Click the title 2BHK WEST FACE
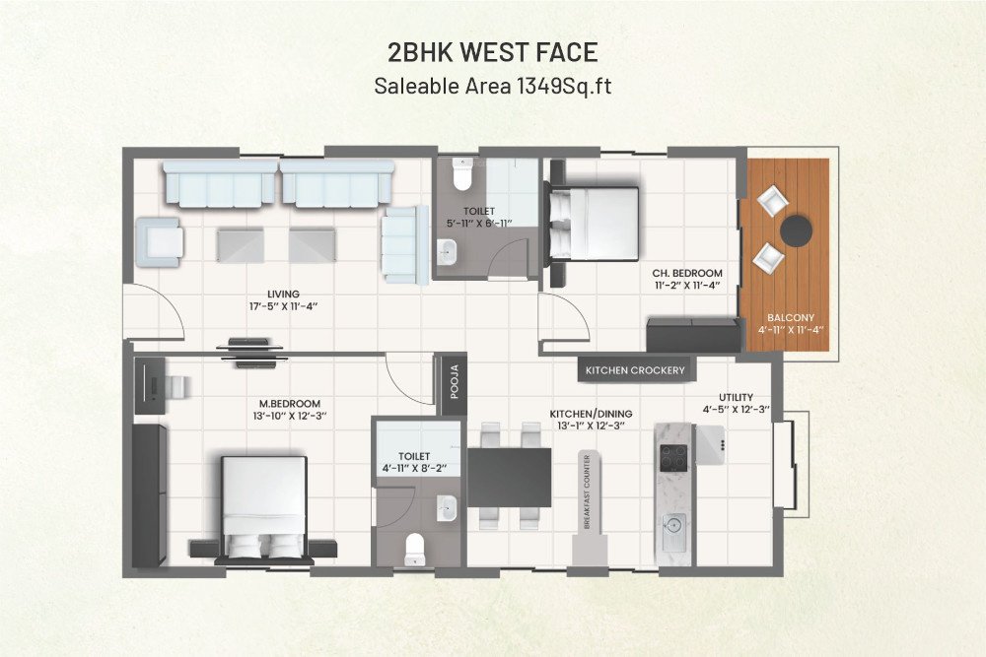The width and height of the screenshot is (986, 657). tap(493, 51)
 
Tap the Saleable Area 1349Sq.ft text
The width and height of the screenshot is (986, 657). tap(493, 86)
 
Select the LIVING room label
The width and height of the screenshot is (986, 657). tap(283, 294)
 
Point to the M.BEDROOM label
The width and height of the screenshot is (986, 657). tap(289, 404)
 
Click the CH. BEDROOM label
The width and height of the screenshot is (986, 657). tap(687, 273)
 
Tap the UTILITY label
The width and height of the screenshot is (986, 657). tap(736, 397)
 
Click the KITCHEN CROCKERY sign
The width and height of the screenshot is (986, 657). tap(635, 370)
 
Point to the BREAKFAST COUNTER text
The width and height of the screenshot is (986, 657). tap(588, 493)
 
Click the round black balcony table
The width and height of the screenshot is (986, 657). tap(797, 230)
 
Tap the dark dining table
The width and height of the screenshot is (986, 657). tap(509, 477)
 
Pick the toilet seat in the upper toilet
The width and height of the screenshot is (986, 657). tap(460, 176)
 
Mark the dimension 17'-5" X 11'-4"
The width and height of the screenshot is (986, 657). tap(283, 306)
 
